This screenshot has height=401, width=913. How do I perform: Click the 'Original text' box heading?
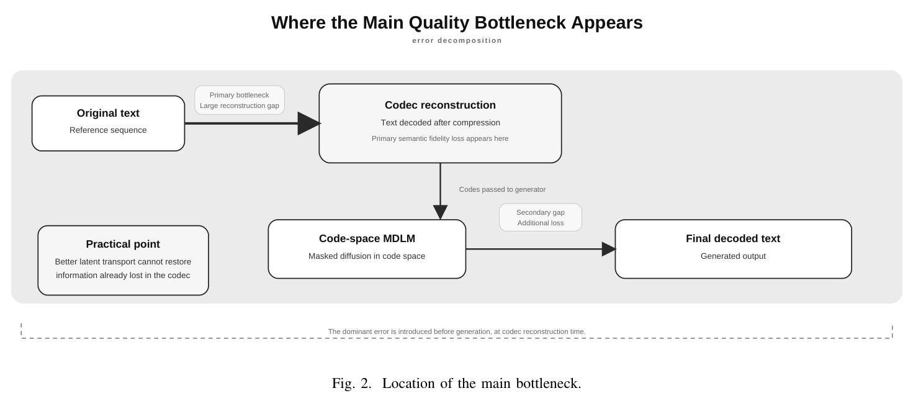108,114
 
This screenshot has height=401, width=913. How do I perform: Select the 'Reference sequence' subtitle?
108,130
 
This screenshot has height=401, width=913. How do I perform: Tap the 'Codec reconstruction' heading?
440,105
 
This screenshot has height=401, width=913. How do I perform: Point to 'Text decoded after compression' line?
440,123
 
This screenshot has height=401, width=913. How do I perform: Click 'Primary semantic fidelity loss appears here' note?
440,138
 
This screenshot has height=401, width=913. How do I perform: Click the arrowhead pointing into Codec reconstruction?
309,123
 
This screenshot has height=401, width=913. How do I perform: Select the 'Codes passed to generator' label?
502,189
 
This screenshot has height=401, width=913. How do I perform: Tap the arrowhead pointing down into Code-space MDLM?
440,212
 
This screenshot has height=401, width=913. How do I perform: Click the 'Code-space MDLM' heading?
367,239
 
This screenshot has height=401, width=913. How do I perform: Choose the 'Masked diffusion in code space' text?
367,256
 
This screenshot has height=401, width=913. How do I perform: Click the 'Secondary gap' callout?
541,218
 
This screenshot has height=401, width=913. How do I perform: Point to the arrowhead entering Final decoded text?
609,249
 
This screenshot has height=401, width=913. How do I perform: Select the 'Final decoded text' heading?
733,239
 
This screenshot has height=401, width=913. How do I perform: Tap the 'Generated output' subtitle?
733,256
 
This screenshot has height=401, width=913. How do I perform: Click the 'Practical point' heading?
123,244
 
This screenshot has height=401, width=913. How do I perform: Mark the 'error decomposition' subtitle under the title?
457,41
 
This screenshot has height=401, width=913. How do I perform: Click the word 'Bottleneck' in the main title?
520,23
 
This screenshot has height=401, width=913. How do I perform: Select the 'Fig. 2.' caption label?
351,384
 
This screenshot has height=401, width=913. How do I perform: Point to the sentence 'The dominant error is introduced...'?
457,331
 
